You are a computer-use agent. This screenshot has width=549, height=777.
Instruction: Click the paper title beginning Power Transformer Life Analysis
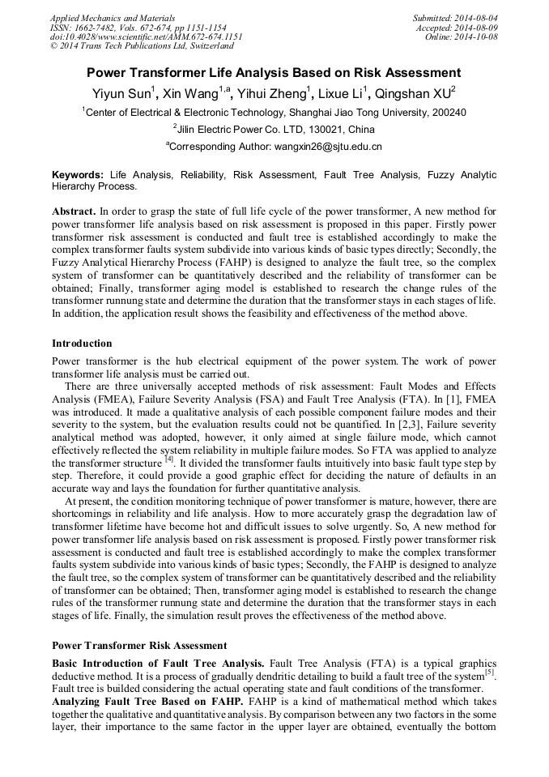(274, 72)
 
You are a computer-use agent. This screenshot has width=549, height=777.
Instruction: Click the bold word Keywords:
(78, 174)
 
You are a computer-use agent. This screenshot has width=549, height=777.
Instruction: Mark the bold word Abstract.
(74, 211)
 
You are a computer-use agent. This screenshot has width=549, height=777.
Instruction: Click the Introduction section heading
(82, 344)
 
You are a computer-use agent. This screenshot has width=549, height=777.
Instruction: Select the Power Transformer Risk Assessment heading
(139, 646)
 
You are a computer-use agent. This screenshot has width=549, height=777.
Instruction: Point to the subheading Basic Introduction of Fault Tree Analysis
(158, 663)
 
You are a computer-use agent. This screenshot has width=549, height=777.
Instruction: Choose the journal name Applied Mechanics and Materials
(112, 17)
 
